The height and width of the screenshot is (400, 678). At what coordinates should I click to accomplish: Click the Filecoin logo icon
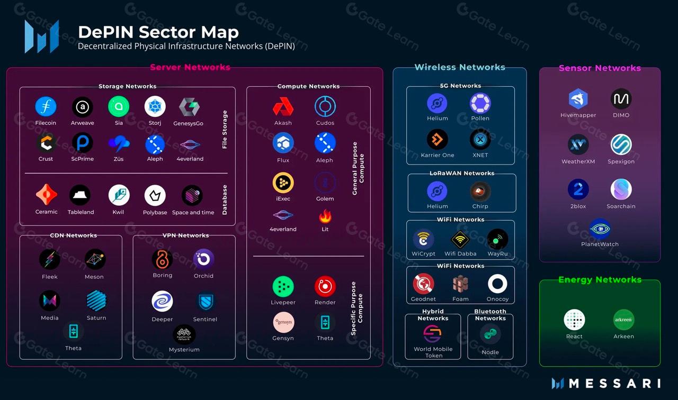[46, 106]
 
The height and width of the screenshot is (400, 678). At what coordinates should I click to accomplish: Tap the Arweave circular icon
[82, 107]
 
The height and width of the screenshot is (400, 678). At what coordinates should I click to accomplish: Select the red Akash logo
[283, 106]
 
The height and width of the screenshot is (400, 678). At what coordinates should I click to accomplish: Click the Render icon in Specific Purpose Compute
[325, 286]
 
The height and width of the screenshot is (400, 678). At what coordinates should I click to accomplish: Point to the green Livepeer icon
[283, 286]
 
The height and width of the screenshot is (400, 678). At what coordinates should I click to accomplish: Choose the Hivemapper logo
[578, 98]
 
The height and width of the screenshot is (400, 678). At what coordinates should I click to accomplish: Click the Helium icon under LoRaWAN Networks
[437, 191]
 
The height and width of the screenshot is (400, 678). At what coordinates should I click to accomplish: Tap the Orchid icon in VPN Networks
[203, 259]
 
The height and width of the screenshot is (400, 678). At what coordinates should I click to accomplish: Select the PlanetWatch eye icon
[600, 229]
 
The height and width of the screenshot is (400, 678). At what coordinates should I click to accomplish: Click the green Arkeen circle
[623, 320]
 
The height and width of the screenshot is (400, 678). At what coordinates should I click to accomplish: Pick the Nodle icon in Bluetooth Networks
[490, 334]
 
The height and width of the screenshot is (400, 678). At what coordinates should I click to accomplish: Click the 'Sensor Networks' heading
[600, 68]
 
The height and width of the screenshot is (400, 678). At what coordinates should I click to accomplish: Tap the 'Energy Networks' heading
[600, 280]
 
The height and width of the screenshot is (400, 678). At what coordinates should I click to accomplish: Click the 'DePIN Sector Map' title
[158, 32]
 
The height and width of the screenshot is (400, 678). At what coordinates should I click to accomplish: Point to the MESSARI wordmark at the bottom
[614, 384]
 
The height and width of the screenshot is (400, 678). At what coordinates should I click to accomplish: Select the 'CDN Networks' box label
[73, 235]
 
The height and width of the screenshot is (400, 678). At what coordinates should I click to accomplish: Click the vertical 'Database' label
[225, 200]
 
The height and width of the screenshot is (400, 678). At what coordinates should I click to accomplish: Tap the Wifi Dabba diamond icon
[460, 240]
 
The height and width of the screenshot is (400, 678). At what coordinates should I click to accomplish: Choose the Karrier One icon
[437, 139]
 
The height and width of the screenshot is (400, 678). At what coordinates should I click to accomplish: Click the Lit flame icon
[325, 216]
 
